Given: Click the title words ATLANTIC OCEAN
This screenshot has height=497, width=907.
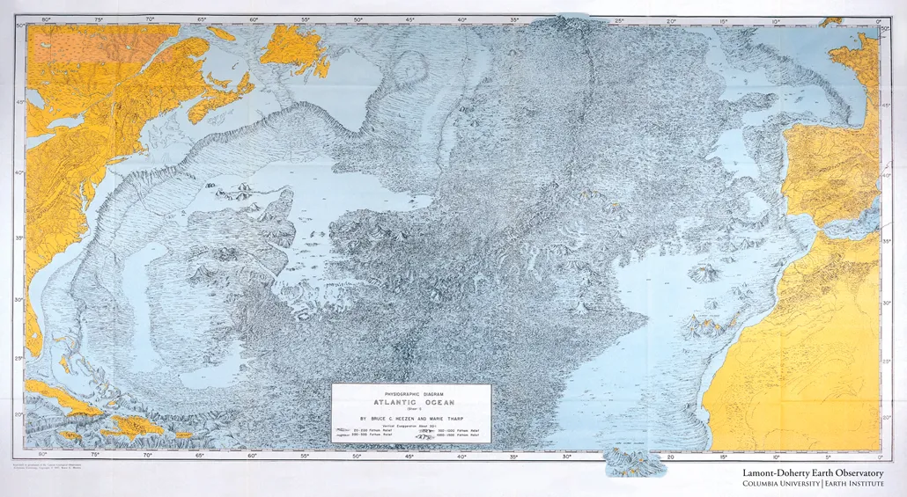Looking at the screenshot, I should point(411,401).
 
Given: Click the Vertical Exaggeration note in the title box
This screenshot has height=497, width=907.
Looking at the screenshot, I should point(410,425).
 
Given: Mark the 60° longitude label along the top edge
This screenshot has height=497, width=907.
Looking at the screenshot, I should point(254,18).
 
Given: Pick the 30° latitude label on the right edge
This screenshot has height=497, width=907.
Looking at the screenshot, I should point(887,299).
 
